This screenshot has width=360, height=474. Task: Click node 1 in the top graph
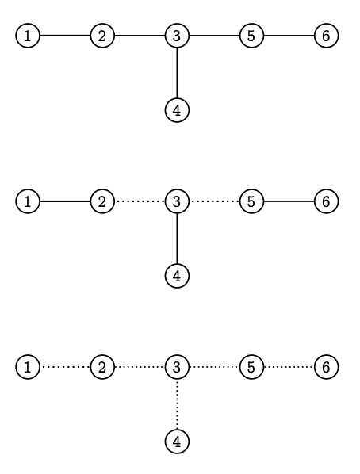pos(28,36)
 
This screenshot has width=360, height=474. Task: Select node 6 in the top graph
pos(326,36)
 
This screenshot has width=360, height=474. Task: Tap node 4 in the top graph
pos(177,110)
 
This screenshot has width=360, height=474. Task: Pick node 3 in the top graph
pos(177,36)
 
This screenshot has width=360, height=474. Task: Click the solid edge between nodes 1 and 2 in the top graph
pos(65,36)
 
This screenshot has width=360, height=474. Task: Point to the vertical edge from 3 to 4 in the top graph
pos(177,73)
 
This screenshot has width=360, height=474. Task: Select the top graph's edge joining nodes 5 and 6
pos(289,36)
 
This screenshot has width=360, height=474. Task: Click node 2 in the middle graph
pos(102,201)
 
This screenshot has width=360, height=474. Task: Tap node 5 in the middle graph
pos(251,201)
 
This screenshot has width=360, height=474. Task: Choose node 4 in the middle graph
pos(177,276)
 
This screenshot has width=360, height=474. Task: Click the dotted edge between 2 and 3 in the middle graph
pos(140,201)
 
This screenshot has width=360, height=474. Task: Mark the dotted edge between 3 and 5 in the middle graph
pos(214,201)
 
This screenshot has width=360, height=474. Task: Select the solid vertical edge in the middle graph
pos(177,239)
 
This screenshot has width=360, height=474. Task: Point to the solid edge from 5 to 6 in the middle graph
pos(289,201)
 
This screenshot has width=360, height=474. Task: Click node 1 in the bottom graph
pos(28,367)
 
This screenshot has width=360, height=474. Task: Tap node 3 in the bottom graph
pos(177,367)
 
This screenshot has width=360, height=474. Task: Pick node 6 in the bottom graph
pos(326,367)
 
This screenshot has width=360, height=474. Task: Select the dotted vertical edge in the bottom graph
pos(177,404)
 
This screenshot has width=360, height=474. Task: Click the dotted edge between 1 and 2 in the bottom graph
pos(65,367)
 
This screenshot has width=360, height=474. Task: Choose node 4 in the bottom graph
pos(177,442)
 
